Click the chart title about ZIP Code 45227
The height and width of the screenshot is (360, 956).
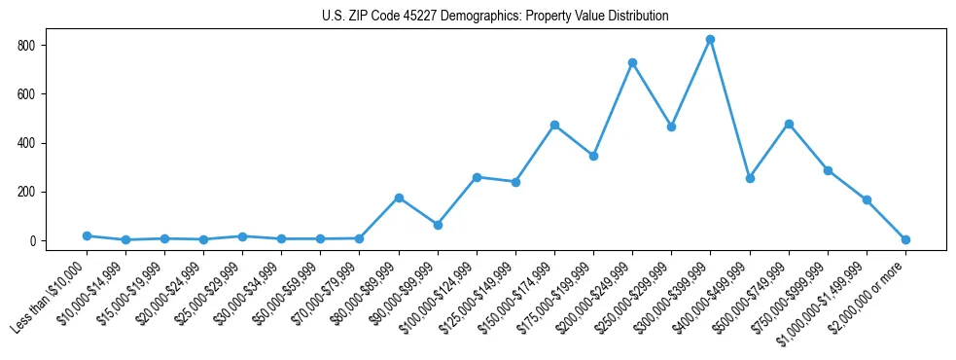[495, 16]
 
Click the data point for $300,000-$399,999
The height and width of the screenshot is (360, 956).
[710, 40]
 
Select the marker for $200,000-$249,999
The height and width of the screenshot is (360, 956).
[632, 62]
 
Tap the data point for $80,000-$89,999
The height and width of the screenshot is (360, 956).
[399, 198]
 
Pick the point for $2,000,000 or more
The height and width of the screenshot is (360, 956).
[905, 239]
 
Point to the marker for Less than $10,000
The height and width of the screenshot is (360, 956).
[87, 235]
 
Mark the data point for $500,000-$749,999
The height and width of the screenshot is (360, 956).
[789, 124]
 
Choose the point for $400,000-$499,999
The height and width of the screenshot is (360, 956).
[750, 178]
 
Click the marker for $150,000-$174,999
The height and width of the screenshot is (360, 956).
[554, 125]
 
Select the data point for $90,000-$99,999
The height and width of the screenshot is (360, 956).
[438, 225]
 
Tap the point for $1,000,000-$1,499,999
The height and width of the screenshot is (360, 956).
[867, 199]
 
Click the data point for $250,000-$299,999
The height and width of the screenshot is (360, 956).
[671, 126]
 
